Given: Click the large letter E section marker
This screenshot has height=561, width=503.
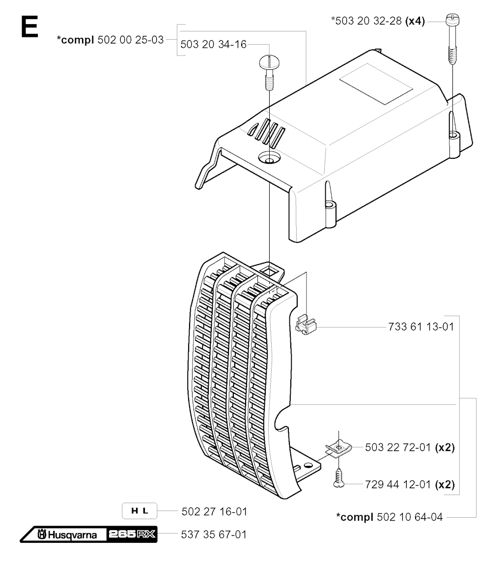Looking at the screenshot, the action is tap(29, 28).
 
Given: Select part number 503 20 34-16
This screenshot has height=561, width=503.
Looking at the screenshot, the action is tap(213, 44).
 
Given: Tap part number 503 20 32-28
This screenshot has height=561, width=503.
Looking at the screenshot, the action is tap(368, 21).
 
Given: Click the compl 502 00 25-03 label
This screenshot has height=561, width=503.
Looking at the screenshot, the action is tap(111, 40).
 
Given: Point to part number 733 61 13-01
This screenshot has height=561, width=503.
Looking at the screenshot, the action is tap(421, 326).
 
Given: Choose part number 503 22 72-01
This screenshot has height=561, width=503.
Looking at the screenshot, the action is tap(398, 447).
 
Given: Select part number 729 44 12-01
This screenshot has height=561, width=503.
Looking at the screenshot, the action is tap(398, 484).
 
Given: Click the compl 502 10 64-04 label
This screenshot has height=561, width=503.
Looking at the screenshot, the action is tap(390, 517).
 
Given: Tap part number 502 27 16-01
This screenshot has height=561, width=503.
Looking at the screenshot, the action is tap(215, 512).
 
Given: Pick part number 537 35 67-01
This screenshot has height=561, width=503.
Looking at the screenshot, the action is tap(214, 534).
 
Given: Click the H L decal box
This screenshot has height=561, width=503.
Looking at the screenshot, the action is tap(140, 511).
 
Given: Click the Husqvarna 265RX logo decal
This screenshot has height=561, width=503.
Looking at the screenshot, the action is tap(88, 534).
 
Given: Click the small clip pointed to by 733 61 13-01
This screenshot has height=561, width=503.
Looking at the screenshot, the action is tap(306, 324).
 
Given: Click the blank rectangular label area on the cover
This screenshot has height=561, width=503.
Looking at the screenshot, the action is tap(376, 84).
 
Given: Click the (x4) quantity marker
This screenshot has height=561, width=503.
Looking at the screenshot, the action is tap(415, 21).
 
